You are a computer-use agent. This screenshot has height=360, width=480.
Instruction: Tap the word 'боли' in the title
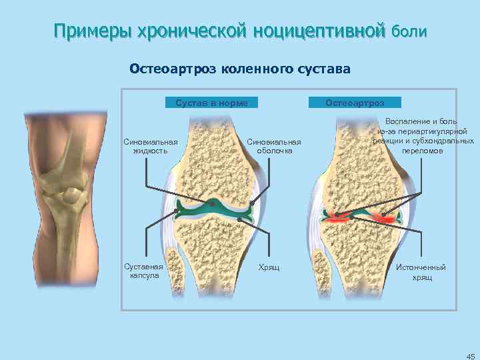tap(409, 31)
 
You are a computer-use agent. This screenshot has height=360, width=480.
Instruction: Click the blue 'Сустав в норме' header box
tap(211, 103)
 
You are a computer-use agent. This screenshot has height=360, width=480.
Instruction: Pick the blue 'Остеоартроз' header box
tap(355, 103)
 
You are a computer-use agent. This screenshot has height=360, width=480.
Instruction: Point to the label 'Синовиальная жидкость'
tap(151, 146)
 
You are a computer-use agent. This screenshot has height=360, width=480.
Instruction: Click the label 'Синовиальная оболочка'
tap(274, 146)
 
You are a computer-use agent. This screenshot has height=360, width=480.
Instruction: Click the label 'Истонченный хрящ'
tap(421, 272)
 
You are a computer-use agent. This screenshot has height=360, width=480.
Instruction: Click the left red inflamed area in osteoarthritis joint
tap(334, 215)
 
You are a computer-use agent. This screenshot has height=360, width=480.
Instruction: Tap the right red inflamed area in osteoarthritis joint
tap(385, 217)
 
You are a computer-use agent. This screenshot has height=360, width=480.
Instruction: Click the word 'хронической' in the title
tap(192, 31)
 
